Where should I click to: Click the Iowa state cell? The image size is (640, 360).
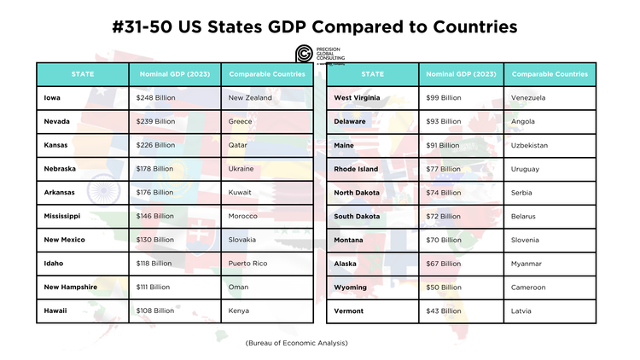coord(53,98)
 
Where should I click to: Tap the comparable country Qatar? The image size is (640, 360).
coord(240,145)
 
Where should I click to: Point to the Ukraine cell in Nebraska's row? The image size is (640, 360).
coord(241,169)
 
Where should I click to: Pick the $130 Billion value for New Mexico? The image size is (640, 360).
coord(154,240)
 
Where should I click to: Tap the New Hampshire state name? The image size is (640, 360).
coord(71,287)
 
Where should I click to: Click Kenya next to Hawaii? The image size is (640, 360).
coord(240,311)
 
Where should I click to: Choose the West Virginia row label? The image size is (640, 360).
coord(358,98)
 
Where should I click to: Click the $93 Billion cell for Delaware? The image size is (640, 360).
coord(443,122)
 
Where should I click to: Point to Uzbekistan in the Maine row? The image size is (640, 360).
coord(530,145)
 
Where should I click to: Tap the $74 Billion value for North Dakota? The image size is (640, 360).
coord(443,193)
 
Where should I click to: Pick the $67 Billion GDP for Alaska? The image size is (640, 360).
coord(443,264)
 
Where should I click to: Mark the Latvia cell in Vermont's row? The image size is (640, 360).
coord(521,311)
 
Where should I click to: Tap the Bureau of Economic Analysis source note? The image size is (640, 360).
coord(296,342)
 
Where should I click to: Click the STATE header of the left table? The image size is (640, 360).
coord(83,74)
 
